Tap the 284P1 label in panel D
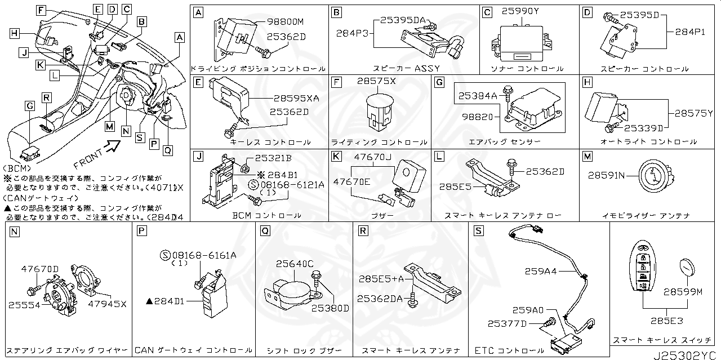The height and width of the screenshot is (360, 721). click(690, 32)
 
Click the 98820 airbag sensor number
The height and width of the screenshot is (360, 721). click(477, 117)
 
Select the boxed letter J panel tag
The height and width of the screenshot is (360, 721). click(197, 156)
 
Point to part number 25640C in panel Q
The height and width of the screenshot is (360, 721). click(295, 263)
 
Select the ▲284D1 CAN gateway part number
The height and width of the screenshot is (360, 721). click(165, 302)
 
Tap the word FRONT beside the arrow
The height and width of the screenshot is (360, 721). click(88, 159)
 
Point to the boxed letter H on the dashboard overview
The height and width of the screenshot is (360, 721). click(14, 33)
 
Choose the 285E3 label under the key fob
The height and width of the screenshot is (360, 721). click(667, 321)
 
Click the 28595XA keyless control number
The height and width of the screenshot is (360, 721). click(296, 98)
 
